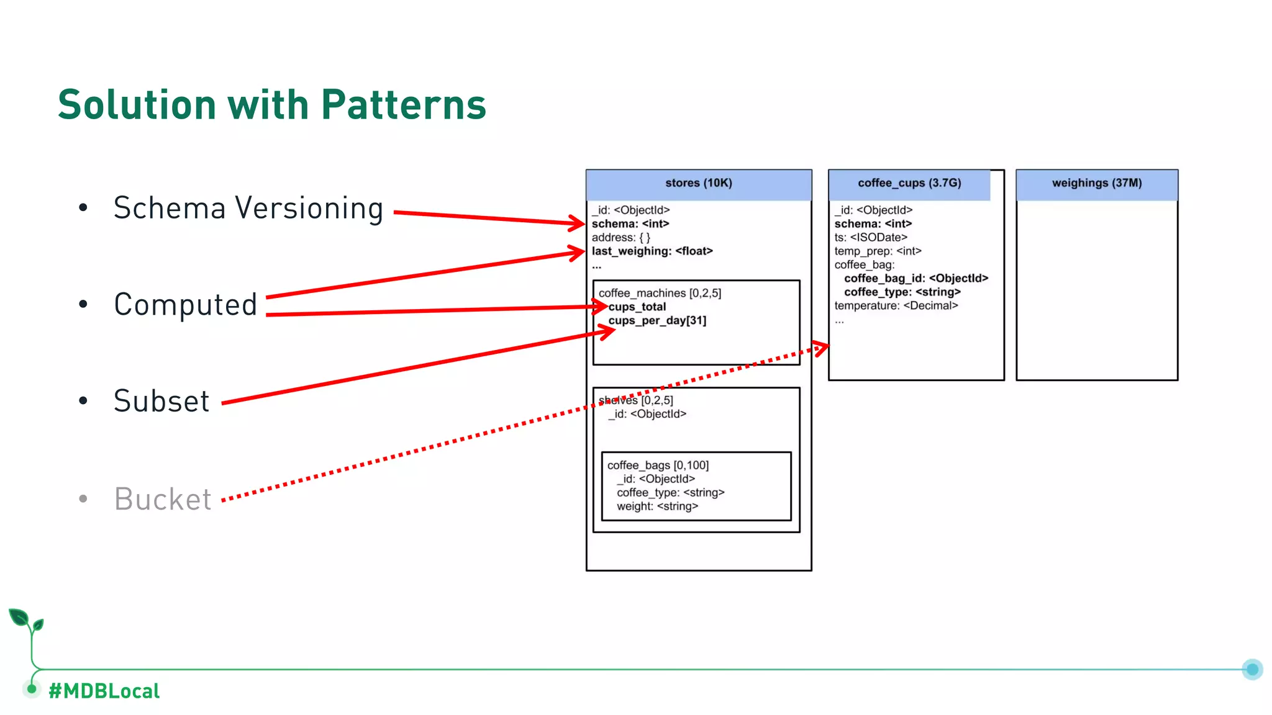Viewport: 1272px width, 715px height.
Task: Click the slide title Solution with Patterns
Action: pos(271,104)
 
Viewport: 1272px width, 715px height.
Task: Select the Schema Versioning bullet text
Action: pos(248,208)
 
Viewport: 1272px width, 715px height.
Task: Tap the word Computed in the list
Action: pos(185,305)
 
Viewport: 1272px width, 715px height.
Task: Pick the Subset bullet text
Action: pos(161,401)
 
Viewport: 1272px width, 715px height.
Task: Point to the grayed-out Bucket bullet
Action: pos(163,499)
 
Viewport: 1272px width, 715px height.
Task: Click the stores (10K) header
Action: pos(698,183)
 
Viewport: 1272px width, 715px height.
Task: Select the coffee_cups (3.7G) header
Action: pos(909,183)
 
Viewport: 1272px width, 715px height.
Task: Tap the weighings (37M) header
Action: pos(1096,183)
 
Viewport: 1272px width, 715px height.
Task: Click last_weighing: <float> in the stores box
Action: pos(652,251)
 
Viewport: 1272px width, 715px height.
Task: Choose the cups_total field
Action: pos(637,307)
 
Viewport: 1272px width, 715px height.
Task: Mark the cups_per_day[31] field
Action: pos(657,321)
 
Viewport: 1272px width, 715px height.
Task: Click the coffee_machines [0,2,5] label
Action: pos(660,293)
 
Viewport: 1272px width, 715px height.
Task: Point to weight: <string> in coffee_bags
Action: pos(657,506)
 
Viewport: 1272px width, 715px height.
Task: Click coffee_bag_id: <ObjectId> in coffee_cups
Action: pos(915,279)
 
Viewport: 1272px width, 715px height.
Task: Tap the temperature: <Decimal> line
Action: pos(896,306)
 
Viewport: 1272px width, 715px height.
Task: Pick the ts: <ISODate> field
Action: pos(870,238)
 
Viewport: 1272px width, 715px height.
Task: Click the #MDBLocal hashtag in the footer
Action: pos(104,691)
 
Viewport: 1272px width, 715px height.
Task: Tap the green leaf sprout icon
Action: pos(25,621)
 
